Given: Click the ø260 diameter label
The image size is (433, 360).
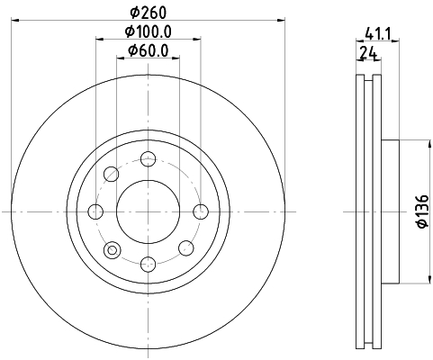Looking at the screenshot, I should click(149, 13).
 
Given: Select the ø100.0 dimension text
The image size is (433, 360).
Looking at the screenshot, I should click(149, 32).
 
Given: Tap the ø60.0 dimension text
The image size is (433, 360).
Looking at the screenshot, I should click(149, 50).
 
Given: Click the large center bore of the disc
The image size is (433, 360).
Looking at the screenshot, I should click(149, 211).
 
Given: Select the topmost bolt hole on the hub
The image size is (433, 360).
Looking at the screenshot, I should click(149, 160).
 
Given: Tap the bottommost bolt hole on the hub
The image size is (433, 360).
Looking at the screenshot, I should click(149, 264).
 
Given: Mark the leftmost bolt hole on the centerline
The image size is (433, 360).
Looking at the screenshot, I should click(96, 211).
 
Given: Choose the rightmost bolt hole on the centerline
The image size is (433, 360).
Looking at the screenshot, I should click(201, 211).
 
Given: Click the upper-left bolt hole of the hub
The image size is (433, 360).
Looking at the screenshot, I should click(112, 175).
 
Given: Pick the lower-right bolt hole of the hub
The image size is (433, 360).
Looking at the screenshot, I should click(185, 248).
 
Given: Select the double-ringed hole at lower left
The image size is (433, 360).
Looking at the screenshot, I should click(112, 249).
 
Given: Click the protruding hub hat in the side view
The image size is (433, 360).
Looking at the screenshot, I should click(390, 212).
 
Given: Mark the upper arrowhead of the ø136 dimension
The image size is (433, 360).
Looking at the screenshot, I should click(412, 143).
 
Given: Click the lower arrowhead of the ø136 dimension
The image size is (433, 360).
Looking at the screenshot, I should click(412, 280).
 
